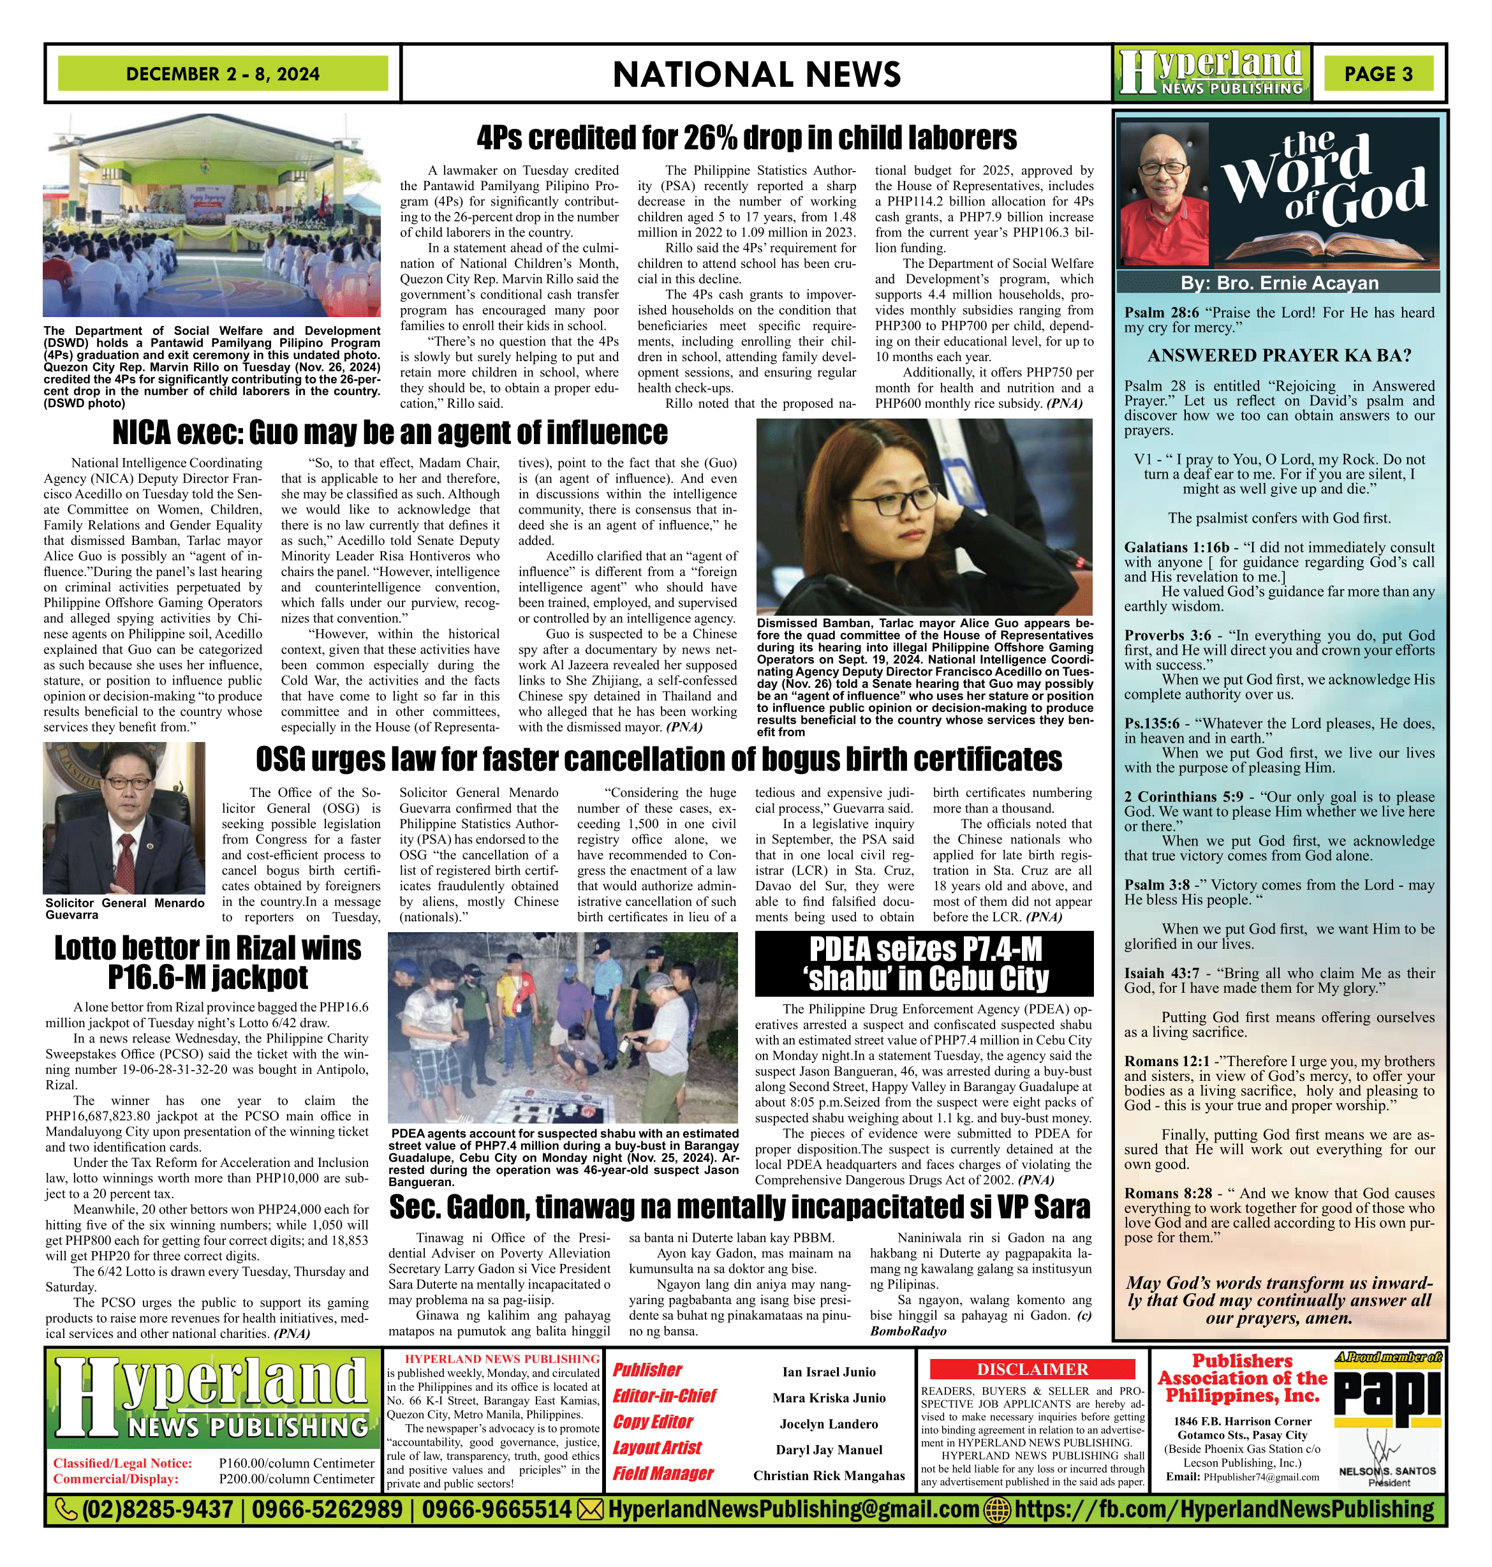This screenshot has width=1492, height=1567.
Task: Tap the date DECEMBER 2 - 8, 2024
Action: pyautogui.click(x=223, y=74)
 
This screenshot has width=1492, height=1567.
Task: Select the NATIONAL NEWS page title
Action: pyautogui.click(x=757, y=75)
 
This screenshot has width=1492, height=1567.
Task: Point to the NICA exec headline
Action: pyautogui.click(x=390, y=433)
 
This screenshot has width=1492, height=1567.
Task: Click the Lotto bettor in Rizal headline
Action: pyautogui.click(x=207, y=963)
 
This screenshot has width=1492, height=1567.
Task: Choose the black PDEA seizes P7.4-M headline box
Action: pyautogui.click(x=924, y=964)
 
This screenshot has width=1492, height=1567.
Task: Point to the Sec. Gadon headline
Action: pyautogui.click(x=739, y=1207)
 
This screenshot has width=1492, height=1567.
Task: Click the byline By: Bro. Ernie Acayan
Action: pyautogui.click(x=1278, y=283)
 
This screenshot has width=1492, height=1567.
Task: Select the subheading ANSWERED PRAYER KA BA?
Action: pyautogui.click(x=1279, y=355)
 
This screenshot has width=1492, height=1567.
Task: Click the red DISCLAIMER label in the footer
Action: pyautogui.click(x=1032, y=1369)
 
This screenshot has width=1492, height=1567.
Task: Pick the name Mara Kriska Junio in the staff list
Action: pyautogui.click(x=829, y=1397)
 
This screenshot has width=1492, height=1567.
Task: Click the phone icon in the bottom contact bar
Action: pyautogui.click(x=65, y=1509)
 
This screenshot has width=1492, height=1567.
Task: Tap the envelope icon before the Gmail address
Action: pyautogui.click(x=589, y=1509)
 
